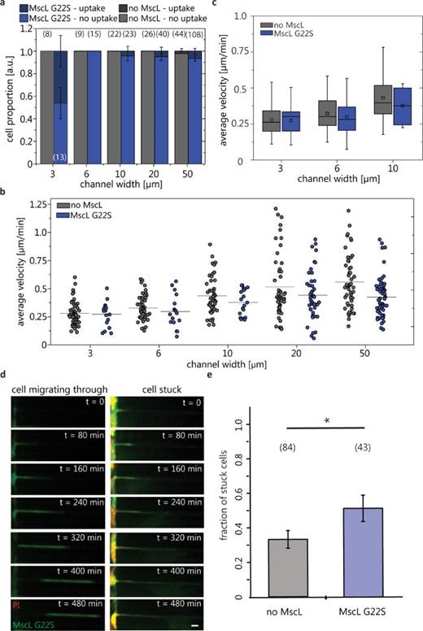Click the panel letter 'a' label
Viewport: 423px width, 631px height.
coord(4,5)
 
